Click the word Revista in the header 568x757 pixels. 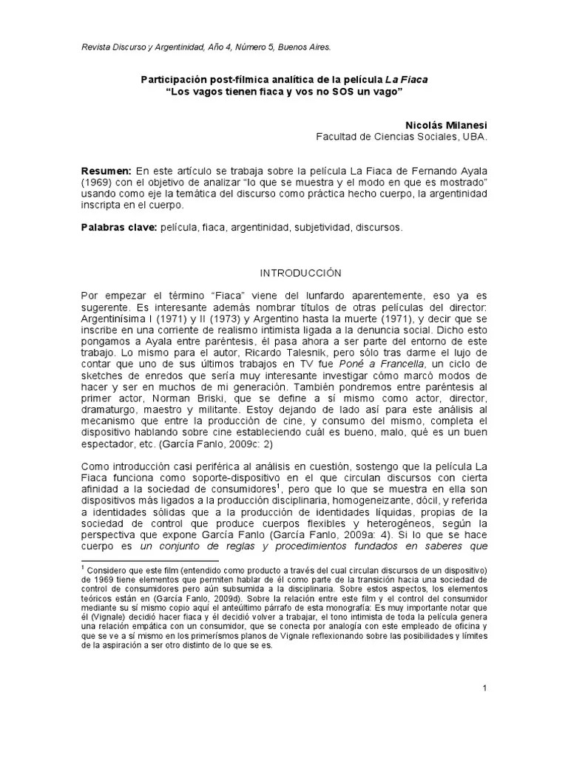click(x=97, y=47)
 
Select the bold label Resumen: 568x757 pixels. click(x=106, y=171)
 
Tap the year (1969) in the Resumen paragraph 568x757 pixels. click(x=96, y=182)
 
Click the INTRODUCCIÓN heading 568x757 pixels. click(x=284, y=273)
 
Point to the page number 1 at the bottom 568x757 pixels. click(x=484, y=689)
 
